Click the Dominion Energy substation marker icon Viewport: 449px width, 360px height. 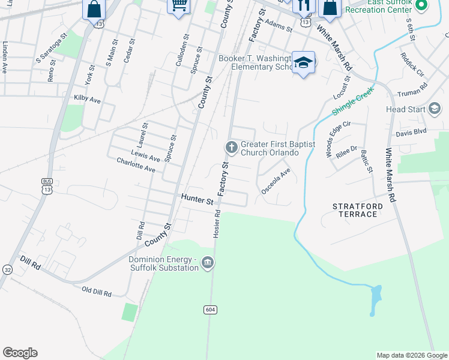pyautogui.click(x=208, y=262)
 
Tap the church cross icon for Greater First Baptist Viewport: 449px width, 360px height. pyautogui.click(x=231, y=147)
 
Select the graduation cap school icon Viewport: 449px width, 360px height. pyautogui.click(x=304, y=63)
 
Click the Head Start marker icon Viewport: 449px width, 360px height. pyautogui.click(x=435, y=109)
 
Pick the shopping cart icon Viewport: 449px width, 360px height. pyautogui.click(x=178, y=5)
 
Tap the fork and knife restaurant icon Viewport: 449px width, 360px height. pyautogui.click(x=304, y=5)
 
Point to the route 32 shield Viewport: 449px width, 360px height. pyautogui.click(x=7, y=269)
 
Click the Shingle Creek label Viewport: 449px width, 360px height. pyautogui.click(x=352, y=101)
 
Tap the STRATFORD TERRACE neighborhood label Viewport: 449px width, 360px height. pyautogui.click(x=358, y=210)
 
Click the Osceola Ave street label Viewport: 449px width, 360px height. pyautogui.click(x=276, y=181)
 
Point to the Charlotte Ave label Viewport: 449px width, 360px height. pyautogui.click(x=136, y=165)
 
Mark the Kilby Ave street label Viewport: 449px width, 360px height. pyautogui.click(x=87, y=98)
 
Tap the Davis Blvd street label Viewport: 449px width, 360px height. pyautogui.click(x=411, y=131)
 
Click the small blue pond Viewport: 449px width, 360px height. pyautogui.click(x=376, y=298)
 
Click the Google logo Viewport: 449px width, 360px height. pyautogui.click(x=20, y=353)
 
